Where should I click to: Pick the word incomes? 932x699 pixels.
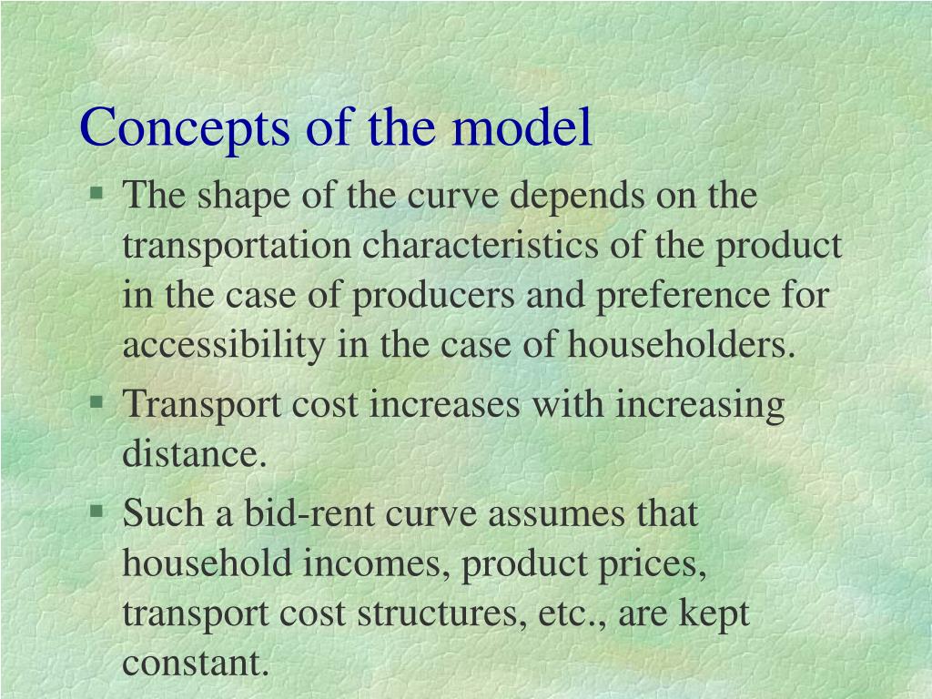(380, 563)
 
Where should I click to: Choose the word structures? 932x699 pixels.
(434, 613)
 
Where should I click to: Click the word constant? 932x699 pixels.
(196, 662)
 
